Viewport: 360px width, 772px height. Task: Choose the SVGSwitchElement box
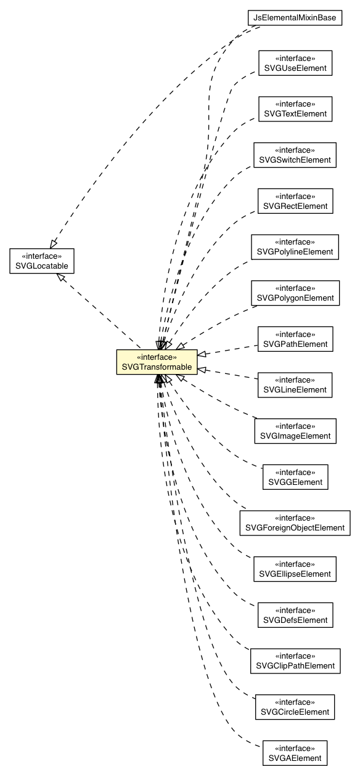click(295, 155)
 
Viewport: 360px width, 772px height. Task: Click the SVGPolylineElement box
click(295, 246)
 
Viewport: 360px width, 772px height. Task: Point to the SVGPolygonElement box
click(295, 293)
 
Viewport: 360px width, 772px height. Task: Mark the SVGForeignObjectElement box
click(295, 522)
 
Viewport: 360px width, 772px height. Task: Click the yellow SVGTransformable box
click(157, 362)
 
